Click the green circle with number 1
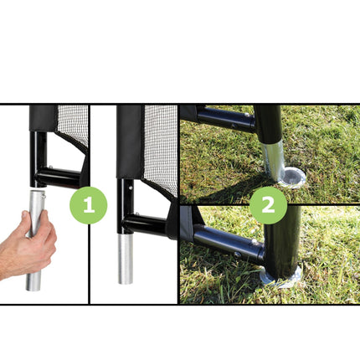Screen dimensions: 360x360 click(88, 205)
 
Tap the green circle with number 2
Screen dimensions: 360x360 click(268, 205)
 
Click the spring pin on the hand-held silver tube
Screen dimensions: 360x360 click(44, 196)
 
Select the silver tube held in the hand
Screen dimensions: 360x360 click(35, 240)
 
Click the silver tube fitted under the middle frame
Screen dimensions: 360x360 click(126, 259)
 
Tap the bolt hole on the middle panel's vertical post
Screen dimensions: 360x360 click(130, 188)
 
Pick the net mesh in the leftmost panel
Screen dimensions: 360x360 click(73, 123)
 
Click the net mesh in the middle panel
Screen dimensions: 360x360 click(162, 148)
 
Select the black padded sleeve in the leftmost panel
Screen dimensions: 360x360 click(43, 118)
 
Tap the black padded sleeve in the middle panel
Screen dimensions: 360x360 click(131, 141)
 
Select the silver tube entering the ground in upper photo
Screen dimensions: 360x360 click(274, 160)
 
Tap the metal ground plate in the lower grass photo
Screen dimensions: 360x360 click(280, 277)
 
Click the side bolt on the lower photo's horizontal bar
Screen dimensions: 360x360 click(238, 255)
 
